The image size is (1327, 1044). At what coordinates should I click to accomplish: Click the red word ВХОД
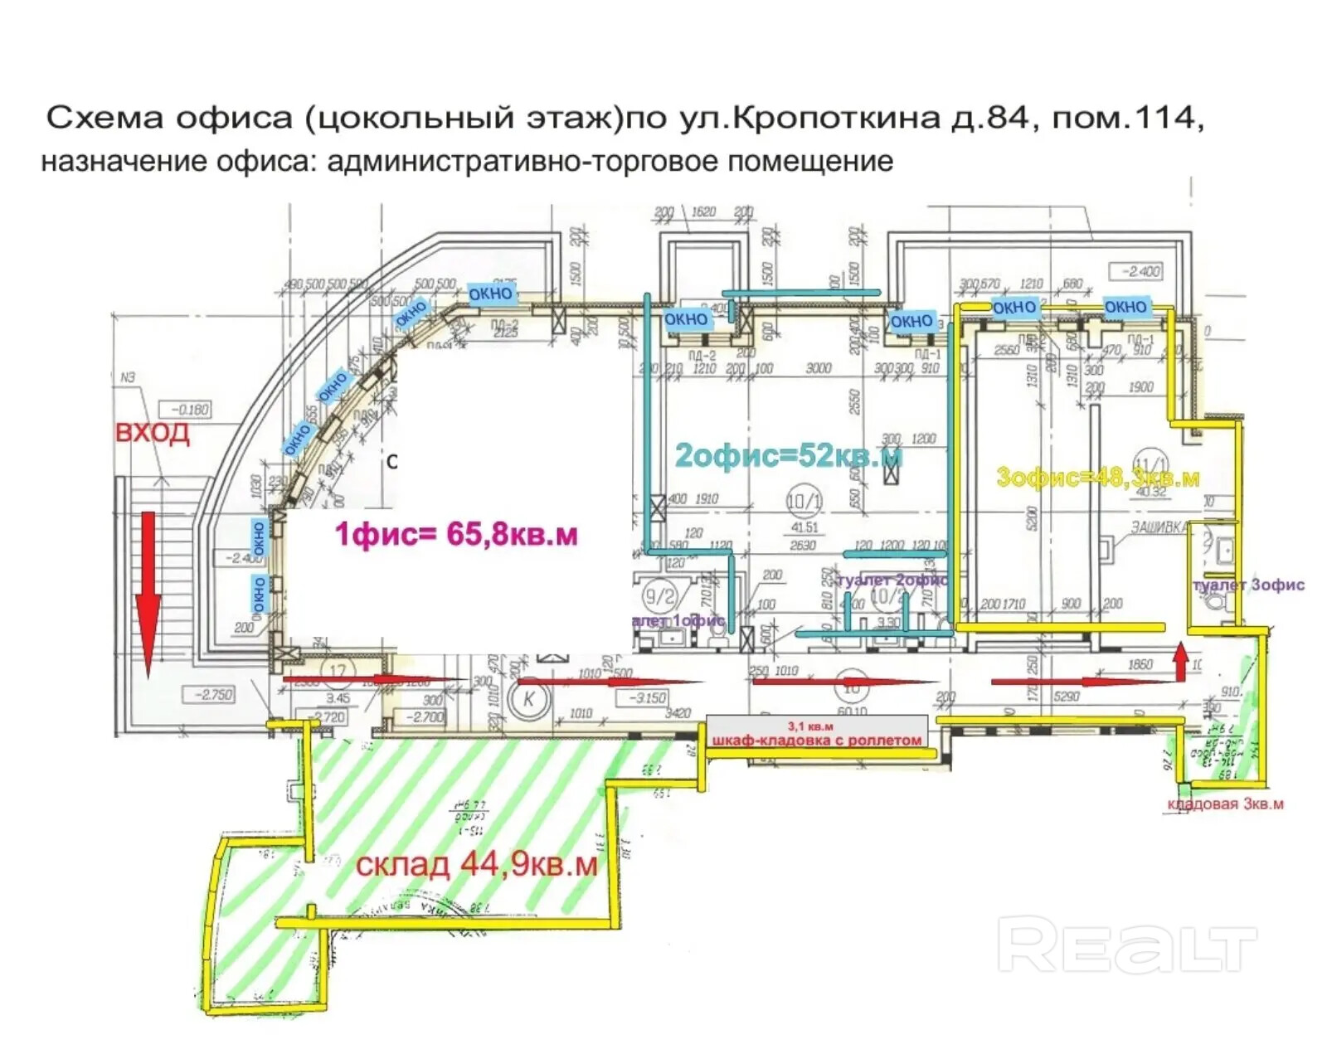(x=152, y=432)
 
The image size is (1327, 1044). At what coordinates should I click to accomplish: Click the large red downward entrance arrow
(x=148, y=589)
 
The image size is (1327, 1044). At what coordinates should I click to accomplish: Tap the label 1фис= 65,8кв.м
(x=456, y=533)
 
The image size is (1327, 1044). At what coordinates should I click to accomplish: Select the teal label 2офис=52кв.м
(x=788, y=455)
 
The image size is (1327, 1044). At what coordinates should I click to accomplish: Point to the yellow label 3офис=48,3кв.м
(x=1097, y=477)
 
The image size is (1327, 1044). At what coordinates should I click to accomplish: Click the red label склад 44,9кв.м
(x=476, y=864)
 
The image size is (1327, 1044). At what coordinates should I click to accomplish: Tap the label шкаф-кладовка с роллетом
(x=817, y=740)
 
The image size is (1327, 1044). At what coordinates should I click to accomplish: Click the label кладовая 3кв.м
(x=1225, y=804)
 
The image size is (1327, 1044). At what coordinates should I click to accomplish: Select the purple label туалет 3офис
(x=1248, y=585)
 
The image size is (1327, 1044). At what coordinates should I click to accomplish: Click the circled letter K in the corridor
(x=529, y=698)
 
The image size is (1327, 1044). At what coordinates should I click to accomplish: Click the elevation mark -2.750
(x=213, y=694)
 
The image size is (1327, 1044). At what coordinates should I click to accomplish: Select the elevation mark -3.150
(x=647, y=697)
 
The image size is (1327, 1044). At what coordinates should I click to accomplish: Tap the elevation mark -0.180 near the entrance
(x=190, y=410)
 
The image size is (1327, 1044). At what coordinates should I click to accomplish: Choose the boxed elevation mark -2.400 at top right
(x=1140, y=271)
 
